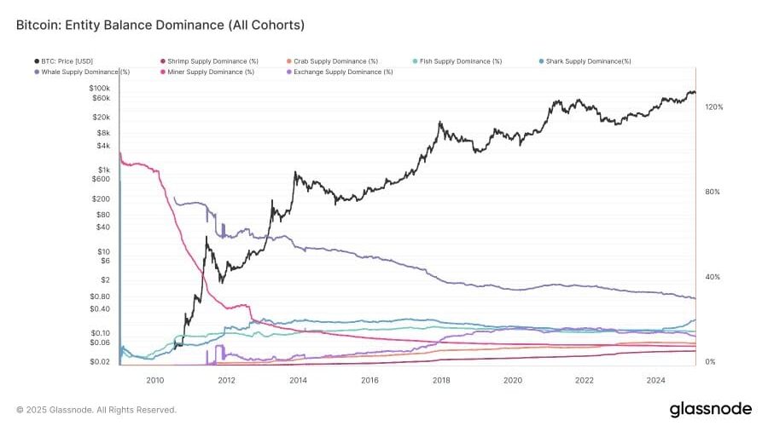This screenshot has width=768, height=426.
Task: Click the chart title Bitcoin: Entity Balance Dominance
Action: click(x=161, y=26)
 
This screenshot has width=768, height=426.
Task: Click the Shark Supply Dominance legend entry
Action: click(x=589, y=61)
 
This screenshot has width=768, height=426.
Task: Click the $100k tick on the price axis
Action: click(x=99, y=89)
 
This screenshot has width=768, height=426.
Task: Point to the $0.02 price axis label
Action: click(x=100, y=362)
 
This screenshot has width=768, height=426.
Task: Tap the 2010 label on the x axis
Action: click(x=154, y=380)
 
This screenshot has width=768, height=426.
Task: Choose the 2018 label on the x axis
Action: click(x=441, y=380)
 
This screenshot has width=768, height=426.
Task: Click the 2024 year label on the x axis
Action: click(x=656, y=380)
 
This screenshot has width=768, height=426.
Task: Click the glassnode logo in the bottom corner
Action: click(x=711, y=408)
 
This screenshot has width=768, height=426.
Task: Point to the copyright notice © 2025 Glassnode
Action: click(x=96, y=410)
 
